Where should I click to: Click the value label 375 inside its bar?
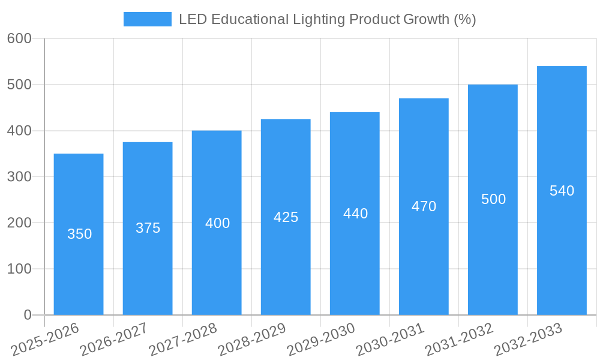coord(148,228)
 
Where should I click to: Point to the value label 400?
coord(217,223)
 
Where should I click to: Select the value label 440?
coord(355,214)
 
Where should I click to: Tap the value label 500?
coord(493,199)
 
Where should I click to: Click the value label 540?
coord(562,191)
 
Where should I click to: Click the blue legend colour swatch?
coord(147,19)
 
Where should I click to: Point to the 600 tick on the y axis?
coord(19,38)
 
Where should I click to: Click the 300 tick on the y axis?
coord(19,176)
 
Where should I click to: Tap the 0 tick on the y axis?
coord(28,315)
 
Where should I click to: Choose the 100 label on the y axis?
coord(19,269)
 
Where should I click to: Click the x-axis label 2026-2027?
coord(114,339)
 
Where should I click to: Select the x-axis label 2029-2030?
coord(321,339)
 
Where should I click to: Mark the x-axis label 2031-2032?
coord(459,339)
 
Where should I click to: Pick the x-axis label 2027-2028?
coord(183,339)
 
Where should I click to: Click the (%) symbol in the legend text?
coord(465,19)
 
